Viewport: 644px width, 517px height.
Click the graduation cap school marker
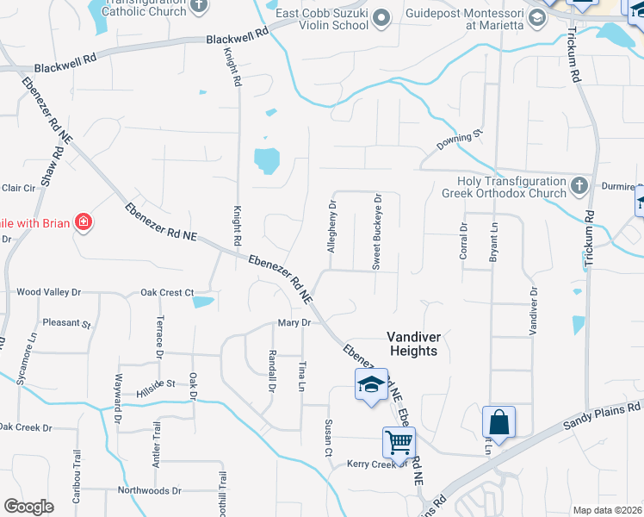370,384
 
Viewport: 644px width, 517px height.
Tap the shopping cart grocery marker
399,443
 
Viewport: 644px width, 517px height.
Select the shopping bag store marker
498,423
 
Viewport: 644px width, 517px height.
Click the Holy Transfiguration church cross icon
579,184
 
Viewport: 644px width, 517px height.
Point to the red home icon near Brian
84,223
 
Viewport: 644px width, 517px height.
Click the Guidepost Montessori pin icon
537,18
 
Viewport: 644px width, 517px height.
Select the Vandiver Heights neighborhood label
412,344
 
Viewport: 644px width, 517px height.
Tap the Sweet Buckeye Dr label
377,233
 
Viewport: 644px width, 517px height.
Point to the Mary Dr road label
294,322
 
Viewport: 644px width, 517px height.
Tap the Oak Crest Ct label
167,293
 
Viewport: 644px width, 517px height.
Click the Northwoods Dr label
150,490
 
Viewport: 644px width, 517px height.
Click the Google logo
28,507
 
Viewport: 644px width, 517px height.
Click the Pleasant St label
67,324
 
